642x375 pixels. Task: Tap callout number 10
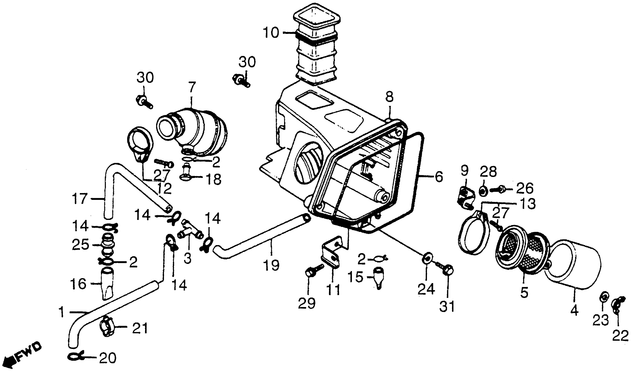271,33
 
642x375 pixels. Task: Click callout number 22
620,336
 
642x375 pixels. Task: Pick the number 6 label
439,177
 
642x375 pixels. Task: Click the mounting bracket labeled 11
331,255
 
